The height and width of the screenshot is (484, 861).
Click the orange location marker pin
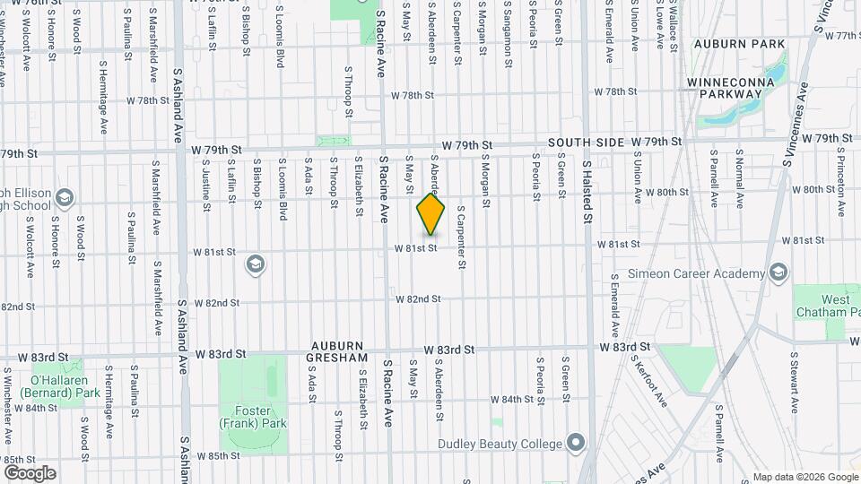(x=430, y=214)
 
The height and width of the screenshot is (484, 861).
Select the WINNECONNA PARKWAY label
(x=724, y=88)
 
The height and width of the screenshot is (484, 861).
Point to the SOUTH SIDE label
(x=586, y=143)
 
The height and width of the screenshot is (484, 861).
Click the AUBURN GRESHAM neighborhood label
(x=339, y=351)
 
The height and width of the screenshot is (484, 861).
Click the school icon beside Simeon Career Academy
(x=778, y=272)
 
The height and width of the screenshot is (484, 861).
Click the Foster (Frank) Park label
(x=254, y=417)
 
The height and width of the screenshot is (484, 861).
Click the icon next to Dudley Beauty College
(x=575, y=444)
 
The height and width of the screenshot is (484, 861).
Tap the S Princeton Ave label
(x=840, y=187)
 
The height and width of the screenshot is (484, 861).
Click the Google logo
(x=30, y=473)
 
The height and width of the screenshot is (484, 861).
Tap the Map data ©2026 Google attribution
(x=804, y=477)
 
